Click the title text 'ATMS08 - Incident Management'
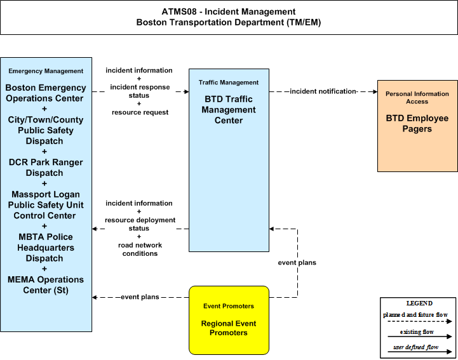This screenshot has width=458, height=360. pyautogui.click(x=229, y=11)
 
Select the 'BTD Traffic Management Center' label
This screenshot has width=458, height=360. pyautogui.click(x=229, y=110)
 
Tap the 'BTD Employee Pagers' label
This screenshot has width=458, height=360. pyautogui.click(x=417, y=124)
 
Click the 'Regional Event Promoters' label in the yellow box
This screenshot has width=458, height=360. pyautogui.click(x=229, y=328)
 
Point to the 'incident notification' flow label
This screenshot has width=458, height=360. pyautogui.click(x=323, y=91)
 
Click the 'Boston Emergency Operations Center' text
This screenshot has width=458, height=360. pyautogui.click(x=46, y=93)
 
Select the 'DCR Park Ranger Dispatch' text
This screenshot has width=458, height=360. pyautogui.click(x=46, y=168)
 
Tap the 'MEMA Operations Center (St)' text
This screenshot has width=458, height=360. pyautogui.click(x=46, y=285)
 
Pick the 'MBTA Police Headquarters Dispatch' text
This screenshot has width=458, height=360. pyautogui.click(x=46, y=248)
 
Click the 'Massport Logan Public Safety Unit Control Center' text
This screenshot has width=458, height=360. pyautogui.click(x=46, y=205)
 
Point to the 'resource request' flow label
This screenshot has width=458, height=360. pyautogui.click(x=140, y=112)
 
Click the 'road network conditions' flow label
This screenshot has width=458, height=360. pyautogui.click(x=140, y=250)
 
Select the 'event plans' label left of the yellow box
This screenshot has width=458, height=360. pyautogui.click(x=140, y=297)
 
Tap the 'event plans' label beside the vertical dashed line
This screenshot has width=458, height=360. pyautogui.click(x=297, y=263)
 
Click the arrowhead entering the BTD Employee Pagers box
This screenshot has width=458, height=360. pyautogui.click(x=375, y=91)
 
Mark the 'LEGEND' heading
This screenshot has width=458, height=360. pyautogui.click(x=419, y=303)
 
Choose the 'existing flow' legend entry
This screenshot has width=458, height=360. pyautogui.click(x=417, y=332)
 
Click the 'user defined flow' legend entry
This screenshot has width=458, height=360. pyautogui.click(x=416, y=347)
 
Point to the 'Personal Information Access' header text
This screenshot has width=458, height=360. pyautogui.click(x=417, y=98)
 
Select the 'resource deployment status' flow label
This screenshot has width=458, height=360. pyautogui.click(x=140, y=224)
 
